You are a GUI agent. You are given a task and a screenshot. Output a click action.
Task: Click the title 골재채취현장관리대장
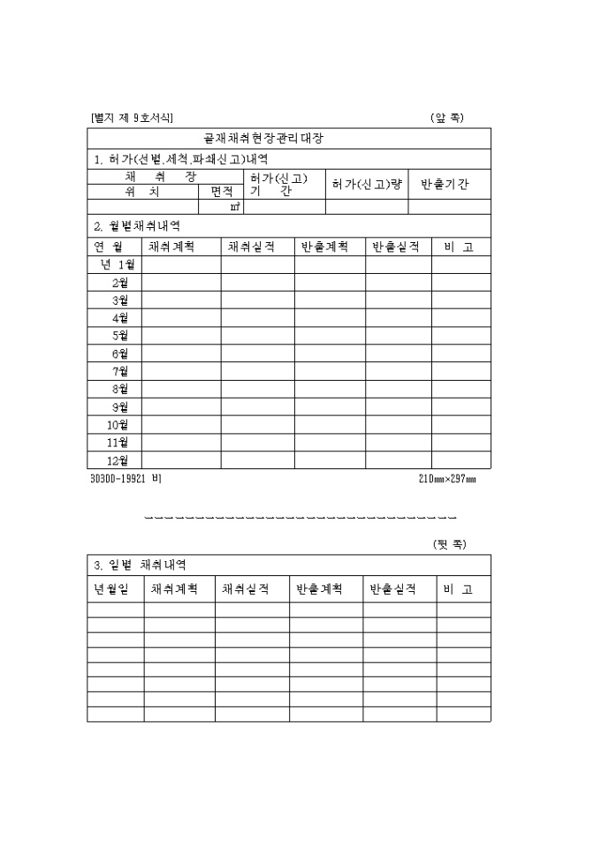277,140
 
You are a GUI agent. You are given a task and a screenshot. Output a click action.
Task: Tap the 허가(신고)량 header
367,184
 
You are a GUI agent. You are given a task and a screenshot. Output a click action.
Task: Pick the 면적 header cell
221,191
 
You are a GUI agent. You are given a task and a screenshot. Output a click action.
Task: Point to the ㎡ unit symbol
234,208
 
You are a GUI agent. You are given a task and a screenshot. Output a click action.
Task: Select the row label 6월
120,353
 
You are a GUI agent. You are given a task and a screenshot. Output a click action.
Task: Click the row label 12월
118,460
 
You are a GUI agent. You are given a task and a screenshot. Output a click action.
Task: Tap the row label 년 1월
116,264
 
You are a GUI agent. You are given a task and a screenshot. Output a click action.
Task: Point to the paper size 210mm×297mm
447,479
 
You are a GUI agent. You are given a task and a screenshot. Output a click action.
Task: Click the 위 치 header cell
142,191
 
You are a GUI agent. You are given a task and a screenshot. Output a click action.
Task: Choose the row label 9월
120,407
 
